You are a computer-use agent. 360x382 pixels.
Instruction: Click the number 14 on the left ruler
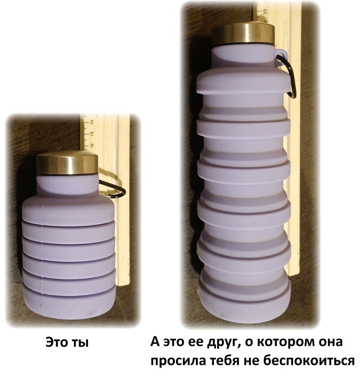pyautogui.click(x=92, y=122)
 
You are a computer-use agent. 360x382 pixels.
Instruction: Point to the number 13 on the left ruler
pyautogui.click(x=92, y=133)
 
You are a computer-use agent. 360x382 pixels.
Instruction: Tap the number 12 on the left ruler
pyautogui.click(x=92, y=145)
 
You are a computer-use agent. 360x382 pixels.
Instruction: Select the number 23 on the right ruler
pyautogui.click(x=265, y=11)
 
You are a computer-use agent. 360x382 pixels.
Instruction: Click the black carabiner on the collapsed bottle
pyautogui.click(x=113, y=189)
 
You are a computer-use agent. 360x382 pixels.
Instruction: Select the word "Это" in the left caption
pyautogui.click(x=57, y=342)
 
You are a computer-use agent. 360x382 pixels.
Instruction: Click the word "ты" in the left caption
pyautogui.click(x=80, y=342)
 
